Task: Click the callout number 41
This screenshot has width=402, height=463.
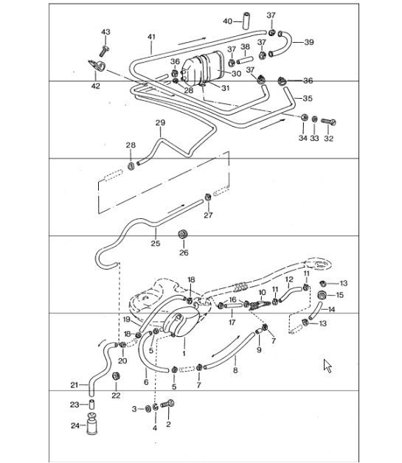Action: pyautogui.click(x=151, y=36)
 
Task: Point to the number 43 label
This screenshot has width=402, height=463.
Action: pyautogui.click(x=105, y=32)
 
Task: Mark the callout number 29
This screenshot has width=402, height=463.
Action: pyautogui.click(x=159, y=122)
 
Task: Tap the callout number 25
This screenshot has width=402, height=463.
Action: pyautogui.click(x=155, y=242)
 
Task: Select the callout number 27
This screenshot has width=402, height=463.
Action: pyautogui.click(x=208, y=215)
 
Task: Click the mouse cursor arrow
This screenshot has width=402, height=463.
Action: pyautogui.click(x=327, y=365)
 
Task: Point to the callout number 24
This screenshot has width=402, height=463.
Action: pyautogui.click(x=74, y=425)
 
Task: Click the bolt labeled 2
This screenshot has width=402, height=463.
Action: pyautogui.click(x=168, y=406)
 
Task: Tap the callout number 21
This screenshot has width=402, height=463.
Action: pyautogui.click(x=74, y=384)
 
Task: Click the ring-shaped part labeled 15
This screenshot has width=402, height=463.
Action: pyautogui.click(x=322, y=296)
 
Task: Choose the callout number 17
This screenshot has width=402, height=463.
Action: pyautogui.click(x=232, y=322)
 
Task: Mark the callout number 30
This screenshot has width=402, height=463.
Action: pyautogui.click(x=236, y=74)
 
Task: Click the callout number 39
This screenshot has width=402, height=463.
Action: pyautogui.click(x=308, y=42)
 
